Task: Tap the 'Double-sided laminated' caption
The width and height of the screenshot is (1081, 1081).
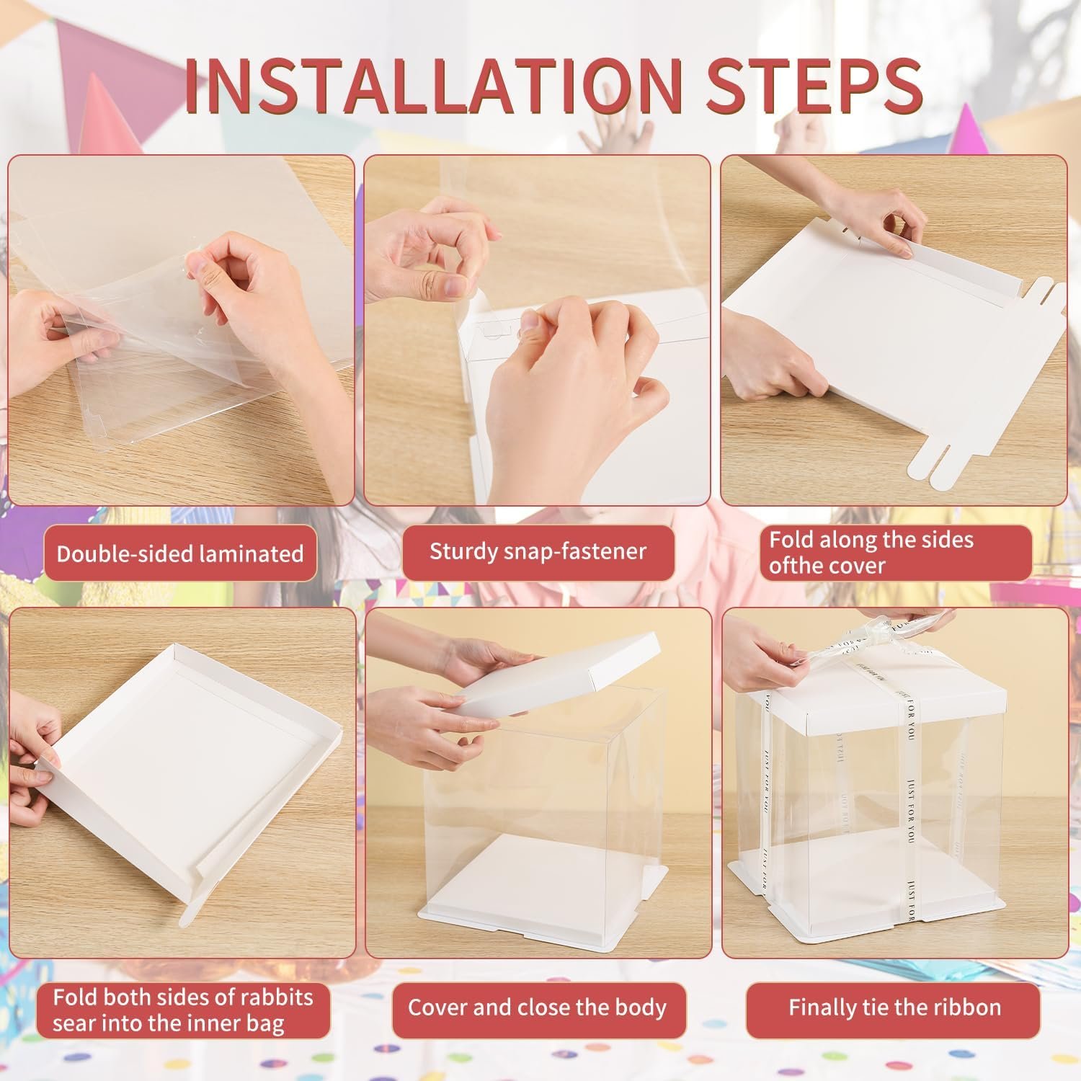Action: click(180, 553)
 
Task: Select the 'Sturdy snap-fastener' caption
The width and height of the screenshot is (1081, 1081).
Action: click(538, 552)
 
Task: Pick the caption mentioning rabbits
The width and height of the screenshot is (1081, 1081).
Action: click(183, 1010)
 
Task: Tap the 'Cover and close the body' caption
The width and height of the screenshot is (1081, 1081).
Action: click(537, 1007)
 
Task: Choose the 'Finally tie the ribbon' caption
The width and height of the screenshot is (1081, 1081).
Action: click(894, 1007)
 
